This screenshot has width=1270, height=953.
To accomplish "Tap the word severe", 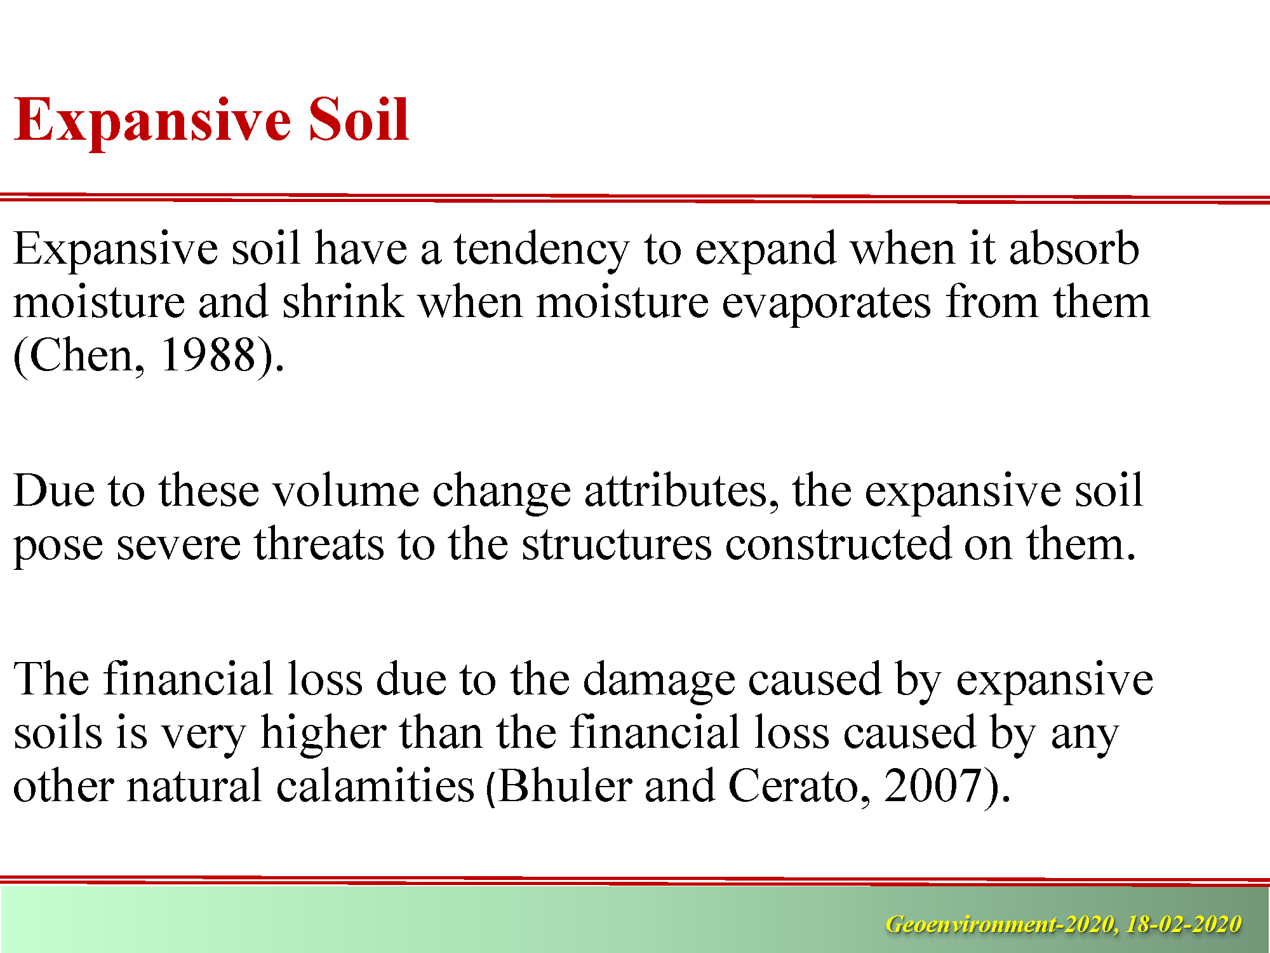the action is pos(178,545).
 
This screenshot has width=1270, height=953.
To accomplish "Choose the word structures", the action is pos(617,545).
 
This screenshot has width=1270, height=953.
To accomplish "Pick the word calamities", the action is pos(375,786).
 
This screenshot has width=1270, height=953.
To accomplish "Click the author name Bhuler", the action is pos(565,786).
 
